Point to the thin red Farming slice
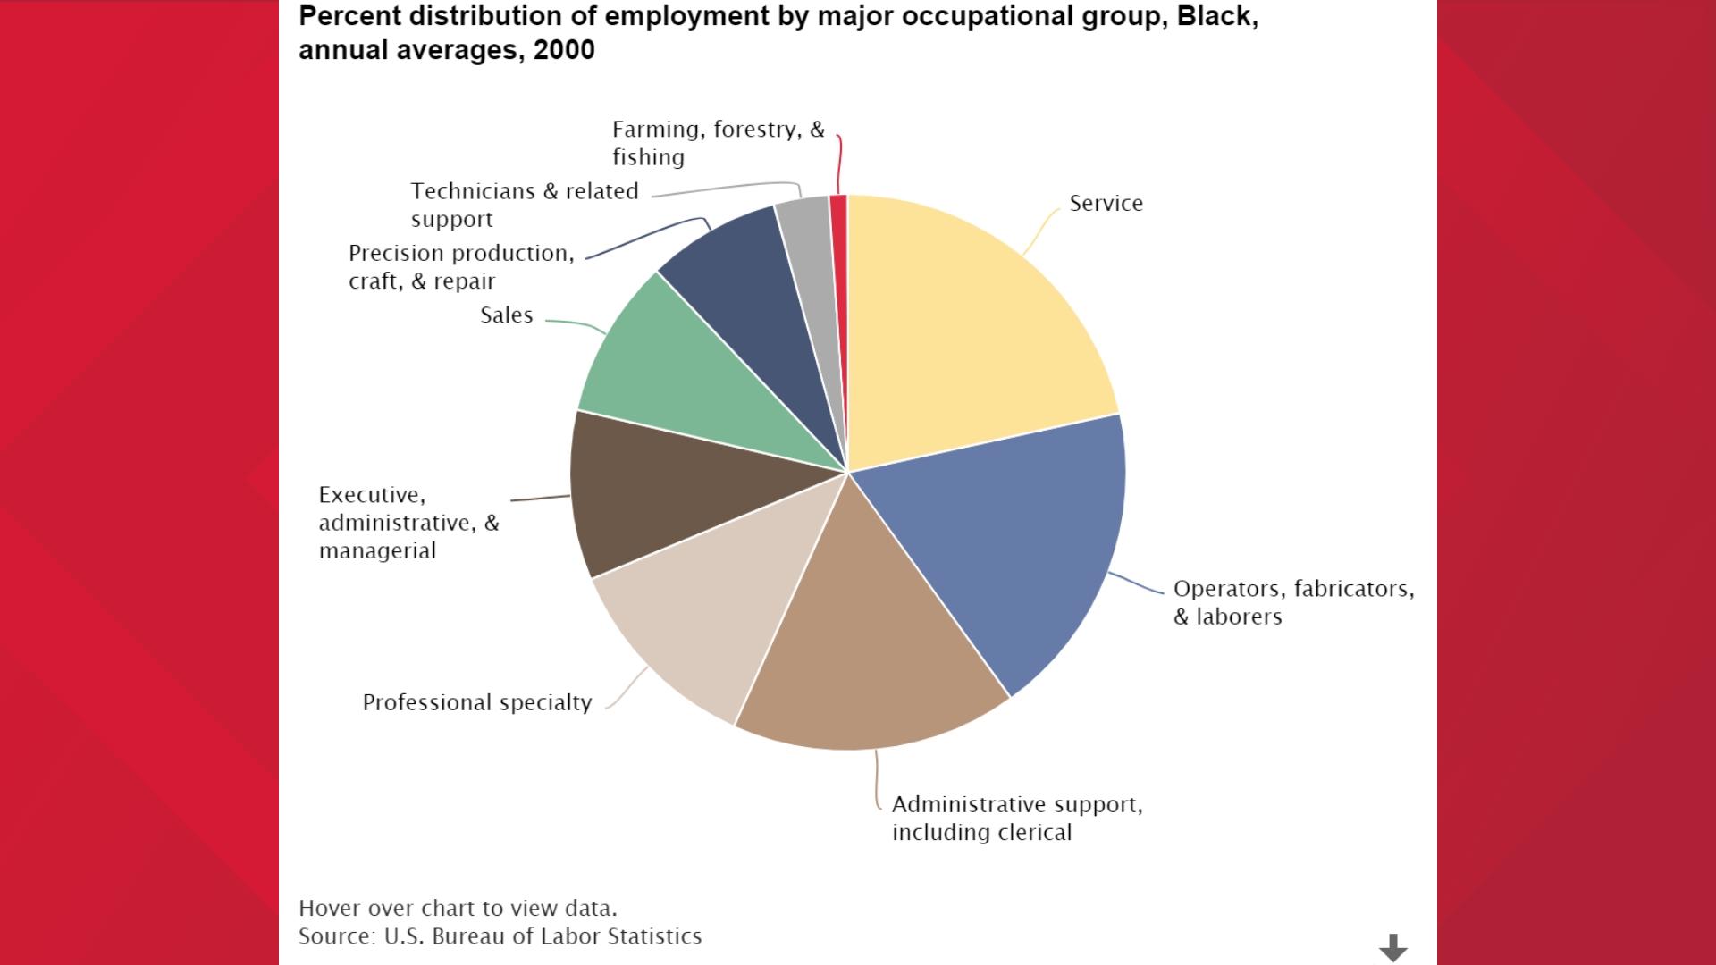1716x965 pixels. tap(838, 268)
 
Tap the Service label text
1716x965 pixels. tap(1106, 204)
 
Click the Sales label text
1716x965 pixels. tap(506, 315)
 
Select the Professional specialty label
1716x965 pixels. tap(476, 703)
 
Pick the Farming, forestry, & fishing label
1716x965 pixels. tap(718, 143)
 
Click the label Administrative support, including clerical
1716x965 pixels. tap(1016, 818)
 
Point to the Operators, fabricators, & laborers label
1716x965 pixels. tap(1292, 602)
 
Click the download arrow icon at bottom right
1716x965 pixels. tap(1392, 947)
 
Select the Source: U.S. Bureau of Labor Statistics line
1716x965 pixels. tap(500, 936)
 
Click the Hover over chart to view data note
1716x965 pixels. tap(458, 909)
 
